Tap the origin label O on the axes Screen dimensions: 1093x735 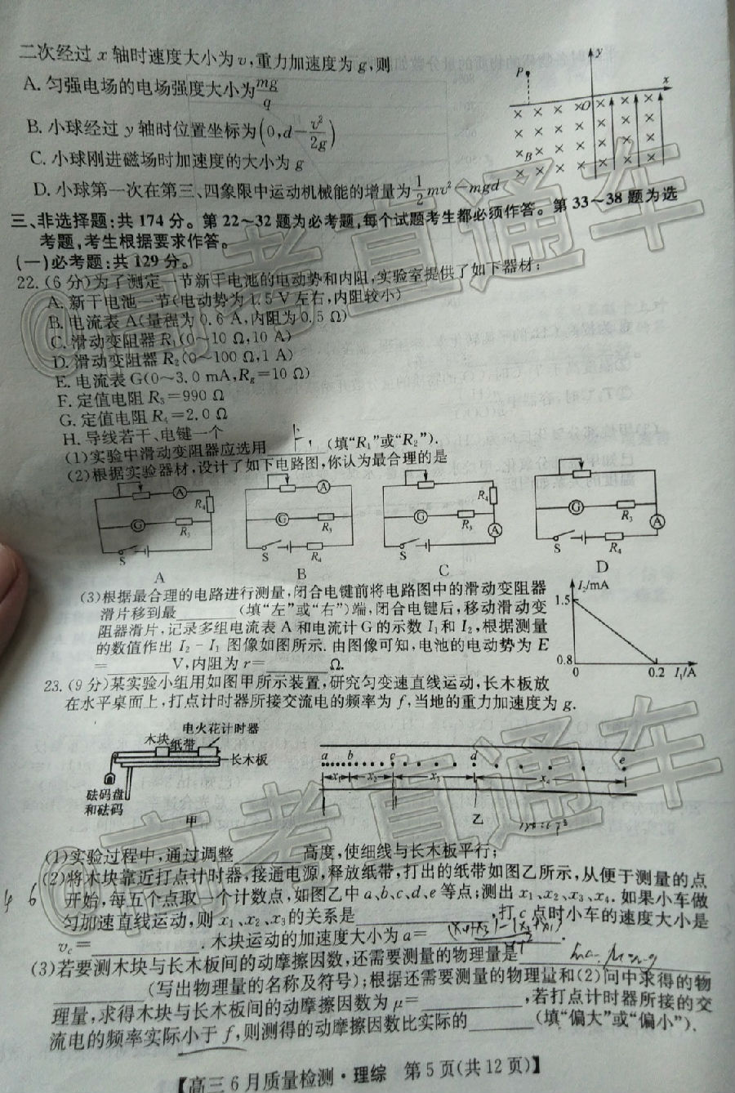pos(585,105)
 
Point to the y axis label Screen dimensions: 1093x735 pos(600,52)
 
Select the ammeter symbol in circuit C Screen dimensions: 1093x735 pos(493,529)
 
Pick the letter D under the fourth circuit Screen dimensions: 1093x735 pos(603,567)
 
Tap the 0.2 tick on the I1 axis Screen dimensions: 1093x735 pos(657,672)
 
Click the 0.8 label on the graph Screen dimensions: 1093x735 pos(562,659)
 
